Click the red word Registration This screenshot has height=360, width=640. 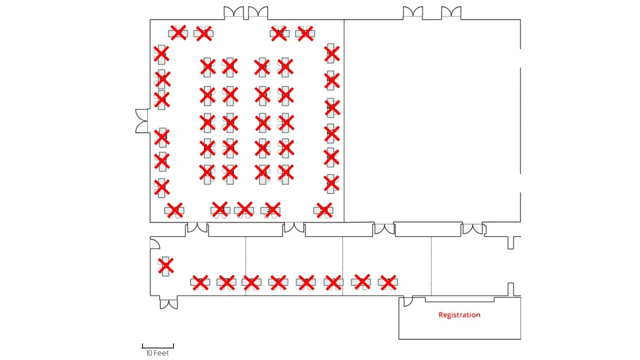pos(459,315)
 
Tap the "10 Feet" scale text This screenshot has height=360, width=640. pos(157,353)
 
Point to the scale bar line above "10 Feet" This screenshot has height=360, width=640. pos(157,345)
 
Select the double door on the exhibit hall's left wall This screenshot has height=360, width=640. pos(142,121)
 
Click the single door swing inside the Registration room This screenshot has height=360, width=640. pos(408,301)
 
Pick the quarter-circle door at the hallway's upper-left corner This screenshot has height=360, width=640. pos(155,243)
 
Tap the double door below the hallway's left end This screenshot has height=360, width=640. pos(168,303)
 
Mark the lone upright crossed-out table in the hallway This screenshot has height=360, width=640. pos(165,266)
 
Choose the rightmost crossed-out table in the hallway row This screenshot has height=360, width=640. pos(387,282)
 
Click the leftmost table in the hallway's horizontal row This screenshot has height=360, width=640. pos(200,282)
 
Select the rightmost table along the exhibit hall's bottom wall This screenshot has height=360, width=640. pos(324,210)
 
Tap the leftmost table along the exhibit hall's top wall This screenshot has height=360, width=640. pos(178,33)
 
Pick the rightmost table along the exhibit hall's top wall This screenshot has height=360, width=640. pos(304,33)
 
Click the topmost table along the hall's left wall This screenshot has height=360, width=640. pos(161,54)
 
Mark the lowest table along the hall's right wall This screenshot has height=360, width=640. pos(331,183)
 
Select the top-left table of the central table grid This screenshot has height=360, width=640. pos(207,66)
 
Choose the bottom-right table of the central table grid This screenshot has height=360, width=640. pos(285,173)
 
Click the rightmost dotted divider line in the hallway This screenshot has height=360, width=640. pos(431,266)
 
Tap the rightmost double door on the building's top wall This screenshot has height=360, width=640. pos(451,13)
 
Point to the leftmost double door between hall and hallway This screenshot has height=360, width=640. pos(197,228)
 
